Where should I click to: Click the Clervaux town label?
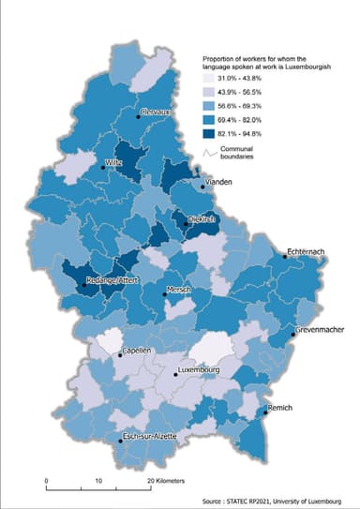tap(153, 112)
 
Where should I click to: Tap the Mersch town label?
tap(178, 290)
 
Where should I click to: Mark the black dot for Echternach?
tap(284, 256)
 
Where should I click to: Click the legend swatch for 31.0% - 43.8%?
tap(214, 78)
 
